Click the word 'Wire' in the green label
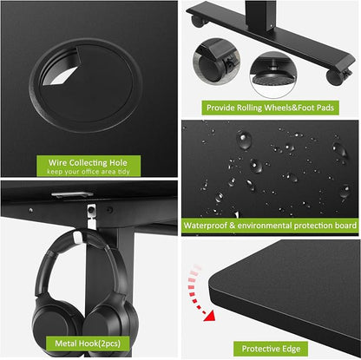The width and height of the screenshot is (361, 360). [58, 162]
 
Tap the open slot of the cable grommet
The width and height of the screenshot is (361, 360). [60, 69]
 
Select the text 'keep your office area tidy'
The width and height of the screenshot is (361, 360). [89, 172]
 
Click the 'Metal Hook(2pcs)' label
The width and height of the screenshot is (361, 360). [88, 344]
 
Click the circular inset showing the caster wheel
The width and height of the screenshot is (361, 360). [216, 62]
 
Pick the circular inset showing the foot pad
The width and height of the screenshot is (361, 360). [273, 75]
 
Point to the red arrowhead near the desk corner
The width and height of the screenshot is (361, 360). [210, 316]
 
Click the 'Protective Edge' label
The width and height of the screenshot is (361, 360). [271, 349]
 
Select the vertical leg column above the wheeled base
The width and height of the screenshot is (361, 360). [260, 15]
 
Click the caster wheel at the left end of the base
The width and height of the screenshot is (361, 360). [198, 21]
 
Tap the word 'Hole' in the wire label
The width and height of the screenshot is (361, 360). [118, 162]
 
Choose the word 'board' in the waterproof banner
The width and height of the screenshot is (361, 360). [345, 226]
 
